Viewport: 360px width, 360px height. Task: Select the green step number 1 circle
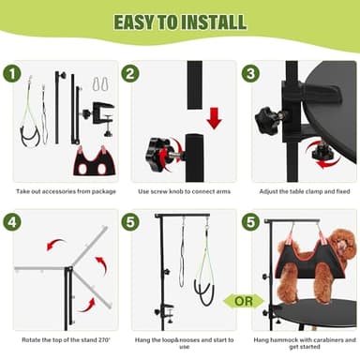[13, 73]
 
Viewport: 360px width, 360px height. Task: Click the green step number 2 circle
[131, 73]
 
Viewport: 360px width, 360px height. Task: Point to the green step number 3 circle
[250, 73]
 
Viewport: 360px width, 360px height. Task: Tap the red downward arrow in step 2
[213, 116]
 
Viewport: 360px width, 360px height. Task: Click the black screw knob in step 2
[158, 150]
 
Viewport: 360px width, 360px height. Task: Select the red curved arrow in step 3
[323, 161]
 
